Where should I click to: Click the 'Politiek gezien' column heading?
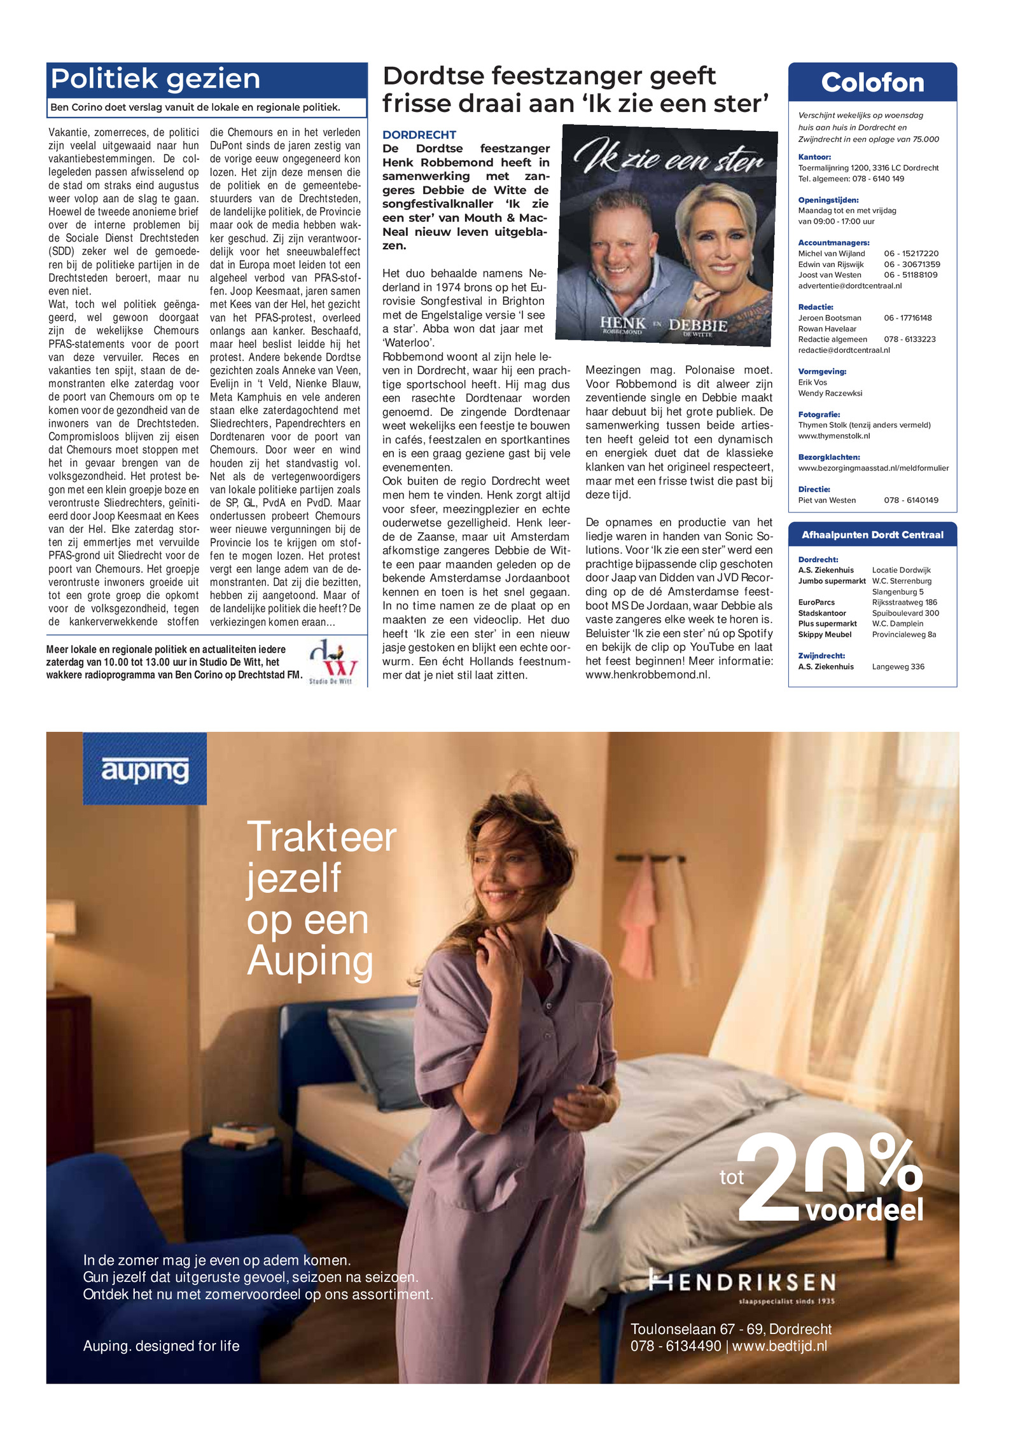155,79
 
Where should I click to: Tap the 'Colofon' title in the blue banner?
872,83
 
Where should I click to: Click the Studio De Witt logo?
331,663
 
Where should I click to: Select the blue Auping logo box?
144,768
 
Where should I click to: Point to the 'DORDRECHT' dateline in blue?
419,135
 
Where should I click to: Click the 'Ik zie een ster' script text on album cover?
668,158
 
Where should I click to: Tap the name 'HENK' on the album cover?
622,322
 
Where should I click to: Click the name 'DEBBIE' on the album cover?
698,325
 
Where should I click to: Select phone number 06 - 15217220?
910,254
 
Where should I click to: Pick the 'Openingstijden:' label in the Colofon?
828,200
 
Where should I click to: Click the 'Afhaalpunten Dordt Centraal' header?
872,535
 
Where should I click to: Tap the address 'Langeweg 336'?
898,666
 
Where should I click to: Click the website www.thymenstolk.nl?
833,436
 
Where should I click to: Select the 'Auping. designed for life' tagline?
161,1346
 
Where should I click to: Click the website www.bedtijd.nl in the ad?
779,1346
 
